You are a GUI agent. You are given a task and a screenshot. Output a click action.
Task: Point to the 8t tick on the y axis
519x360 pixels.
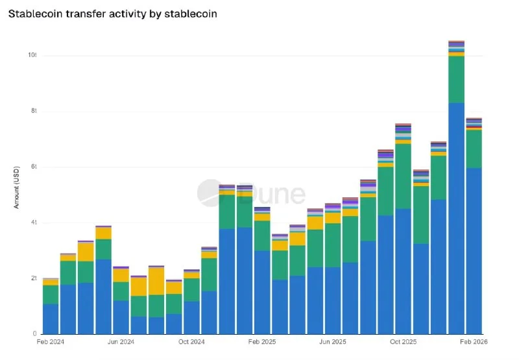coord(34,111)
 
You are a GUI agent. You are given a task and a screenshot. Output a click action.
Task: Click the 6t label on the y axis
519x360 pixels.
coord(34,167)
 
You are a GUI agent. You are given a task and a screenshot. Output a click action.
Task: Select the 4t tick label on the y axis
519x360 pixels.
coord(34,222)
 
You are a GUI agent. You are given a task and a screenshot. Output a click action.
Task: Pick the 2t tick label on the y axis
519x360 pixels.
coord(34,278)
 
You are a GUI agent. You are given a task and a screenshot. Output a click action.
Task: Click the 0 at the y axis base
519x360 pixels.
coord(36,333)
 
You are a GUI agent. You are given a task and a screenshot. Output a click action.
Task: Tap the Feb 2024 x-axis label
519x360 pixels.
coord(51,342)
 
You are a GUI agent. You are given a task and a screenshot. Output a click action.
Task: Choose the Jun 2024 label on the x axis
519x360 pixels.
coord(121,342)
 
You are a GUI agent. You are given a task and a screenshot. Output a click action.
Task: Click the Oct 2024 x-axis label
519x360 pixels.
coord(191,342)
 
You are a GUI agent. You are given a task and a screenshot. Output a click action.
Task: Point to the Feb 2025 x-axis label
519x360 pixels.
coord(262,342)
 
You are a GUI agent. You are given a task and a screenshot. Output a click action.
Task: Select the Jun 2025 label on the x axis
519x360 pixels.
coord(333,342)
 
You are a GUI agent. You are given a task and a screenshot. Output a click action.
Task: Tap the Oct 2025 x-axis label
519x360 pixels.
coord(404,342)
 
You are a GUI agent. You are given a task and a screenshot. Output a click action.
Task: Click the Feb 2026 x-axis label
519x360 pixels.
coord(474,342)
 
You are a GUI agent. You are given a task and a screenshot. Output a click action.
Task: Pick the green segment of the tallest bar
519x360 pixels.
coord(456,79)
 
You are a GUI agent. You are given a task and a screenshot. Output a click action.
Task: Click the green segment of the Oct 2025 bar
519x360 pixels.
coord(404,176)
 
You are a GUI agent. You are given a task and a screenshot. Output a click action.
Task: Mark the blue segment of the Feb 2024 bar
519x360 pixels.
coord(51,318)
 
